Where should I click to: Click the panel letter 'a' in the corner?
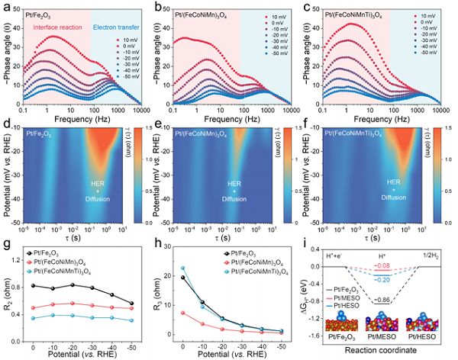pyautogui.click(x=6, y=6)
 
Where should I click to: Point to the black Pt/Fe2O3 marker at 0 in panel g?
pyautogui.click(x=33, y=285)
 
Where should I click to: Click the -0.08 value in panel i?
pyautogui.click(x=382, y=265)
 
